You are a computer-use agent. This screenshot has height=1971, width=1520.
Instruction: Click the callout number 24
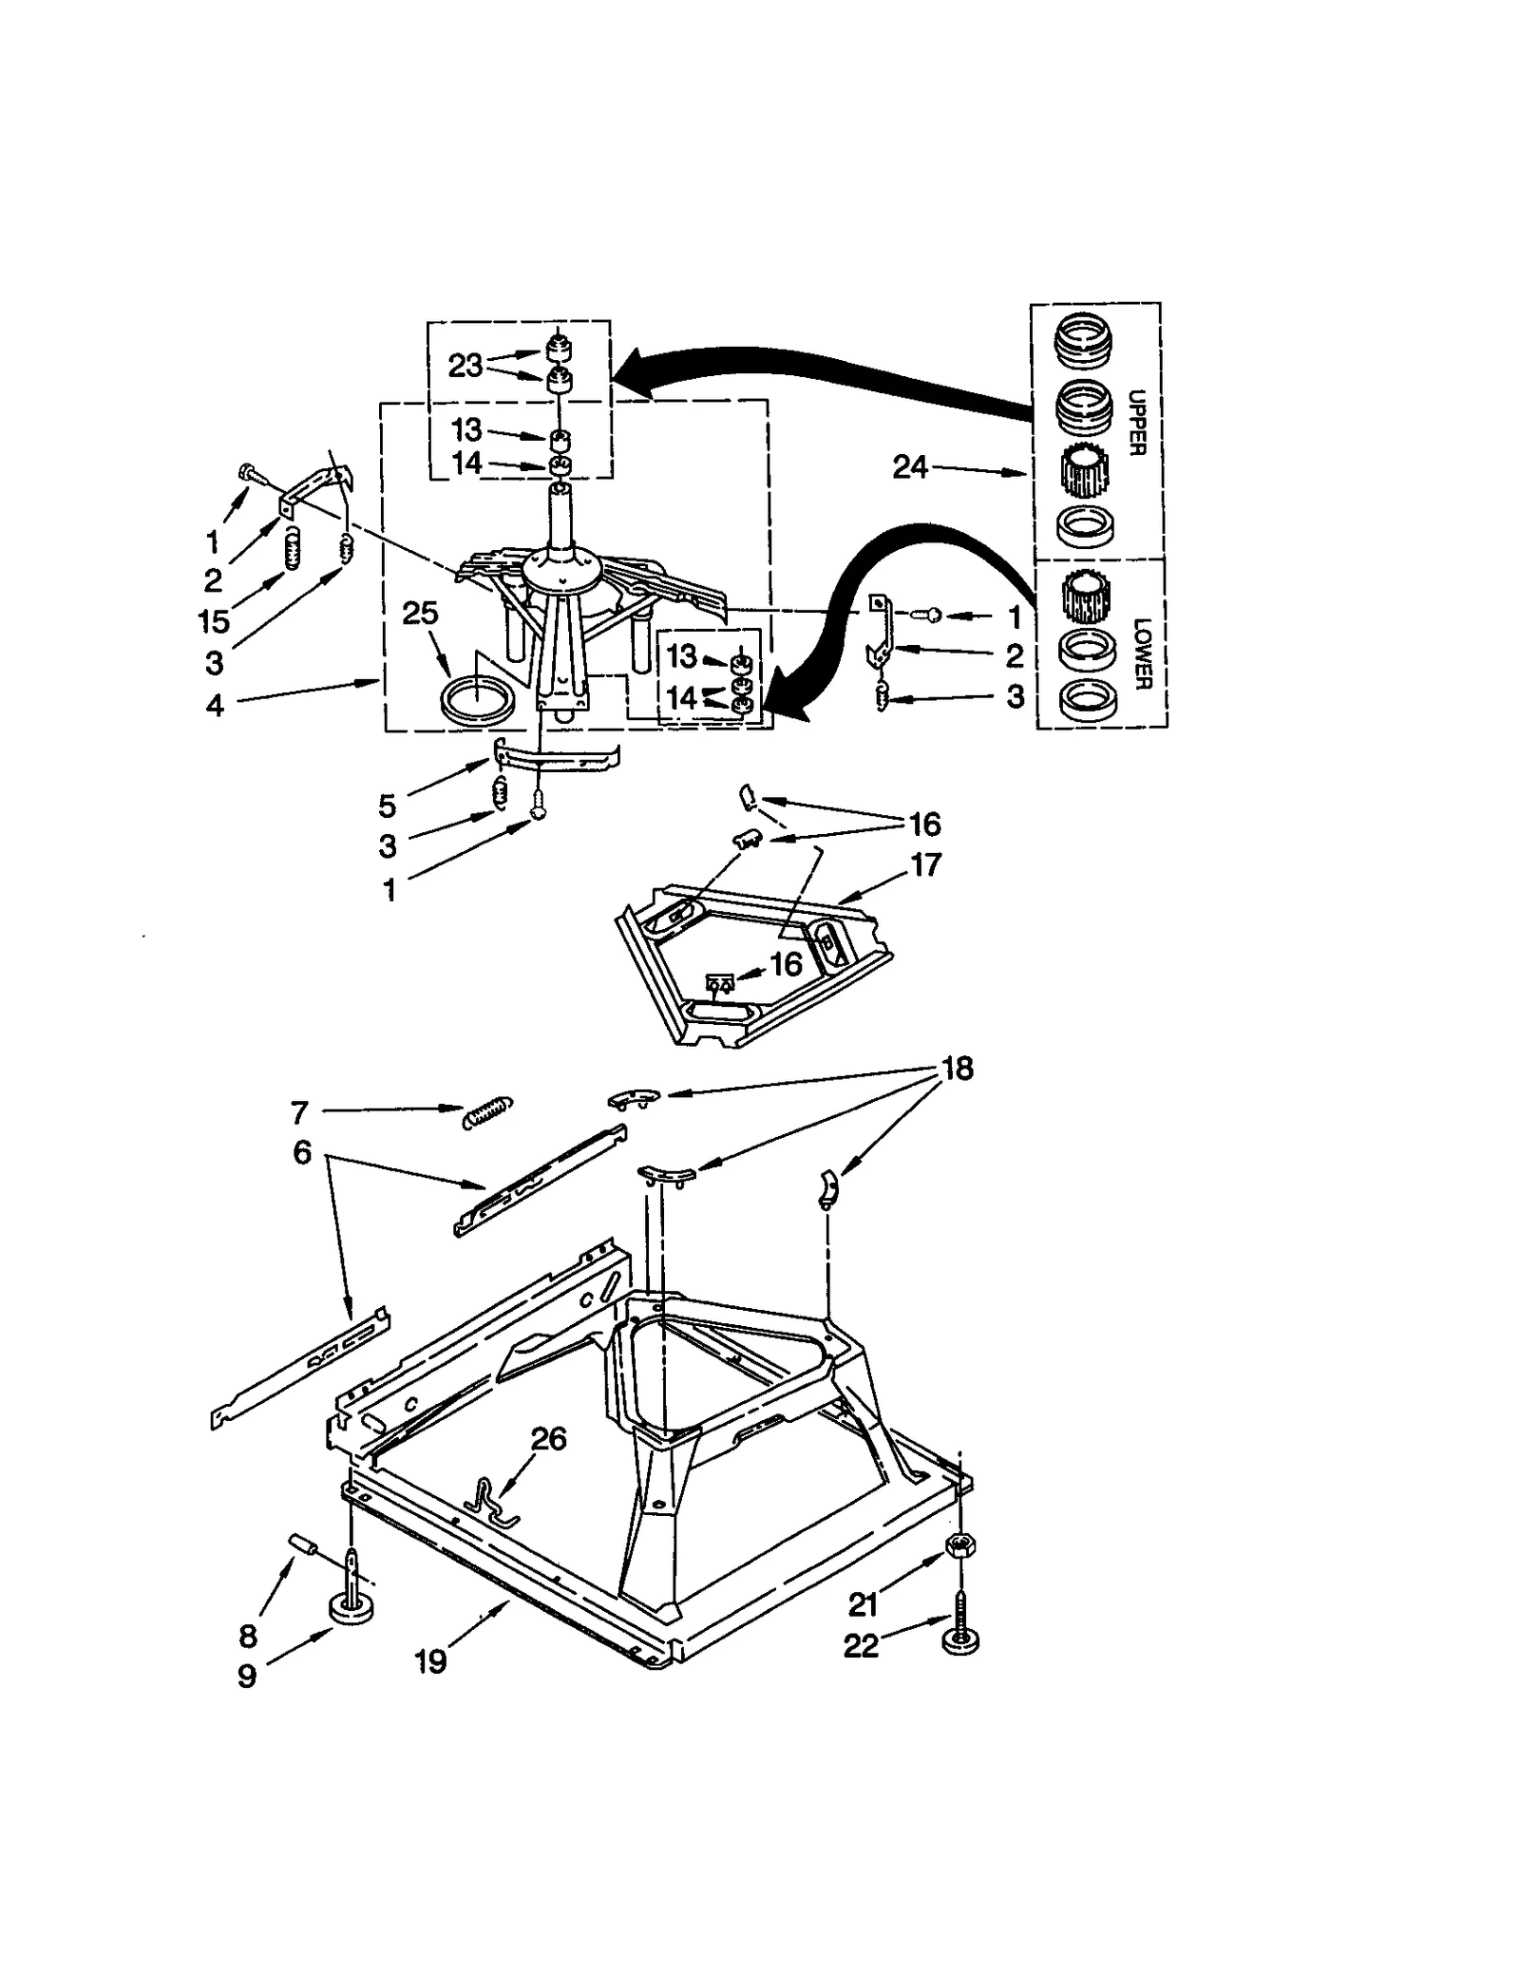click(909, 467)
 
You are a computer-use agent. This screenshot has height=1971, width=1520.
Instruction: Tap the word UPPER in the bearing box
click(1137, 422)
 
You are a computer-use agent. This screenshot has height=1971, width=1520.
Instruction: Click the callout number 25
click(420, 614)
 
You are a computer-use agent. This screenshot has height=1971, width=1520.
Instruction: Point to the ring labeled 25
click(479, 700)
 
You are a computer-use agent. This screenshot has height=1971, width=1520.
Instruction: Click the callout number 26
click(548, 1439)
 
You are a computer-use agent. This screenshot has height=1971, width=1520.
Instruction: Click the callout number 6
click(302, 1152)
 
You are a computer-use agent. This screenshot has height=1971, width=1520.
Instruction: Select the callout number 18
click(957, 1069)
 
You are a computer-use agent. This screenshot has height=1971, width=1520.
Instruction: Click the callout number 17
click(925, 864)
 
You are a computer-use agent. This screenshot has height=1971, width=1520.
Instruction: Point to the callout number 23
click(465, 366)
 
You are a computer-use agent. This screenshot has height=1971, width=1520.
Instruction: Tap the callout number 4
click(216, 706)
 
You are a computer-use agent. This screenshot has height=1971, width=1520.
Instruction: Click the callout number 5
click(387, 805)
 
